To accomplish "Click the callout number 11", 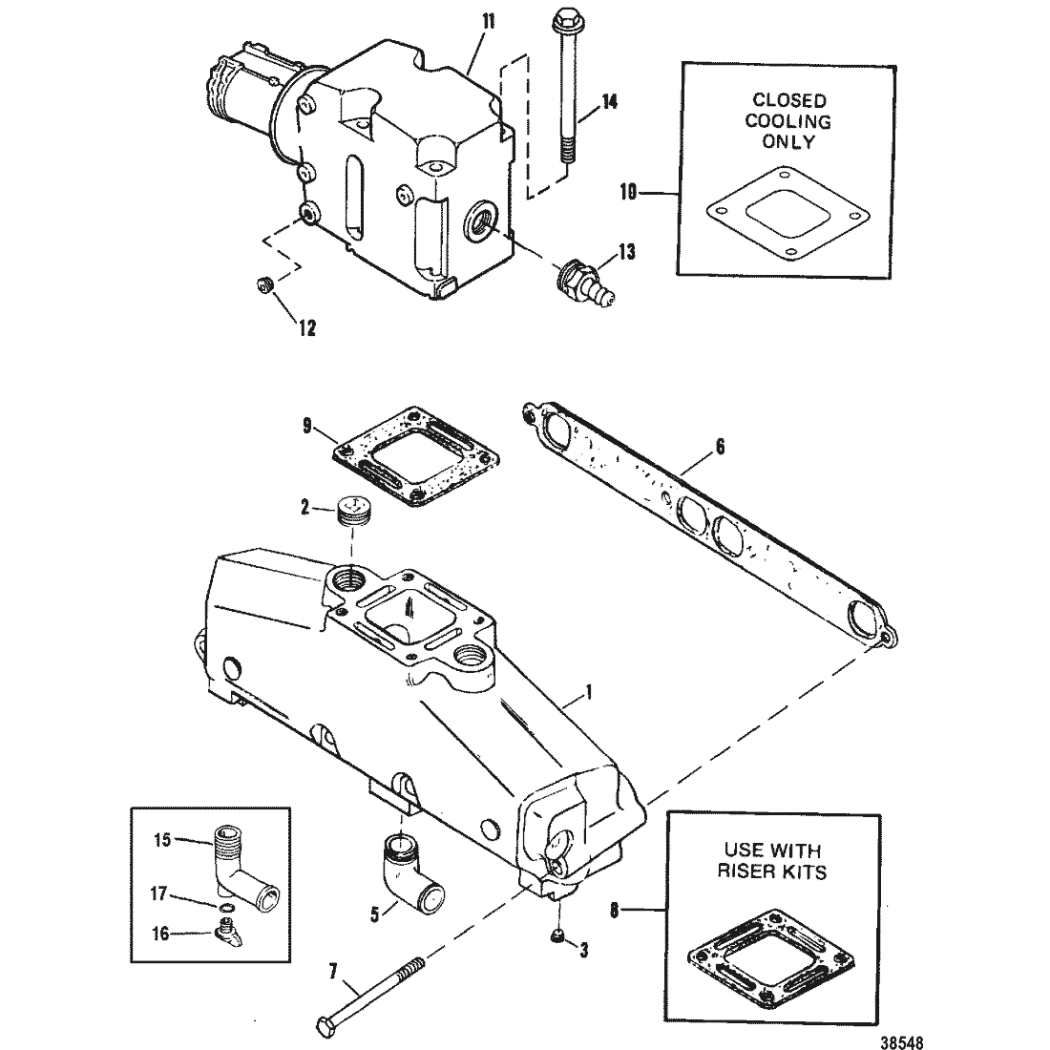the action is [488, 22].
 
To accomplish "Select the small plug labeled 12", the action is [263, 285].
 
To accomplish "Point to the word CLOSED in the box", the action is [789, 100].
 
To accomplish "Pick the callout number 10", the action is [628, 193].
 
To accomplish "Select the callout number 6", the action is [720, 447].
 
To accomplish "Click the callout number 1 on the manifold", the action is [589, 692].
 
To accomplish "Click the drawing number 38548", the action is [902, 1041].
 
